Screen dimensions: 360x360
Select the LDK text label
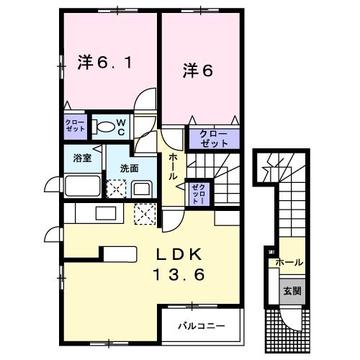coord(179,256)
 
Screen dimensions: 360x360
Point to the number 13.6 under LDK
coord(179,274)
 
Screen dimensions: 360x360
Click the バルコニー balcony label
coord(202,325)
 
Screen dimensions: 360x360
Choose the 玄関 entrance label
coord(292,291)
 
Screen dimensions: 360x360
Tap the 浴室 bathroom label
coord(81,158)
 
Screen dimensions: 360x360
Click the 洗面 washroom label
coord(130,168)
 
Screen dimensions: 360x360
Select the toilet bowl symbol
coord(106,128)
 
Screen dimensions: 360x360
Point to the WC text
coord(122,127)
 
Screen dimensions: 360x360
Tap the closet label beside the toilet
coord(75,127)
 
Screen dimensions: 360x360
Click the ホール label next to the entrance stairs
coord(289,263)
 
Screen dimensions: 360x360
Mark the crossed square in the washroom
coord(115,189)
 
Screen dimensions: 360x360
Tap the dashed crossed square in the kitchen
coord(145,215)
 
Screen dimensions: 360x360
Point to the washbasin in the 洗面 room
coord(141,189)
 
